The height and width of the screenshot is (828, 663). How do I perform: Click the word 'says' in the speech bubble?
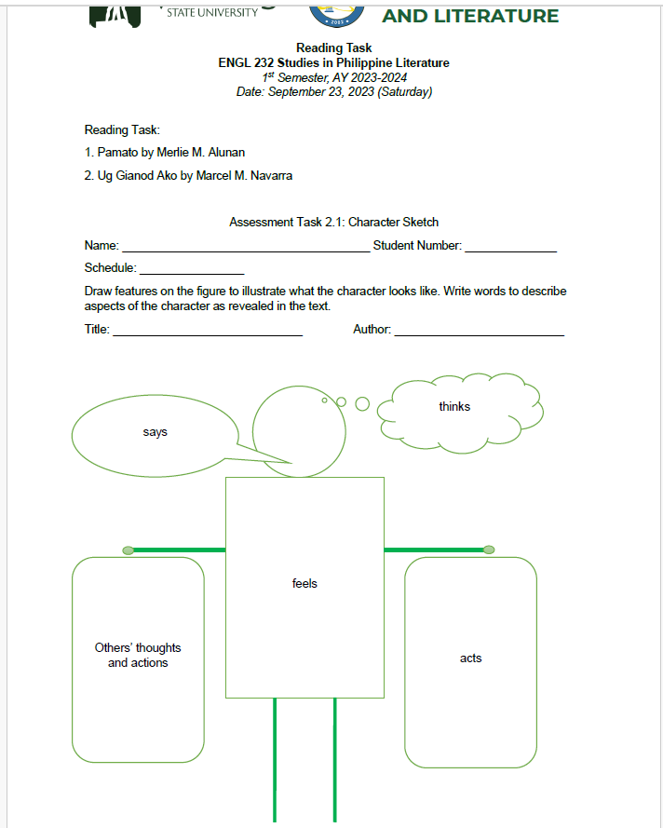point(156,432)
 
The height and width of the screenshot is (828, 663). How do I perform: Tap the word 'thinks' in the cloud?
point(454,407)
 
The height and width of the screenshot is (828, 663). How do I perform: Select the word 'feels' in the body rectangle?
point(304,584)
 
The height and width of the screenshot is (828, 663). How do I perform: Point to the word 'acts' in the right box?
point(471,658)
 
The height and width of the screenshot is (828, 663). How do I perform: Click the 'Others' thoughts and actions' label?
point(138,656)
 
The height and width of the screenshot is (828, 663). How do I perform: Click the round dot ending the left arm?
point(129,550)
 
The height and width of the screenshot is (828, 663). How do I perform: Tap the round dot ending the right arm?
point(489,550)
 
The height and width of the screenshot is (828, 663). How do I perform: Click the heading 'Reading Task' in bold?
point(333,48)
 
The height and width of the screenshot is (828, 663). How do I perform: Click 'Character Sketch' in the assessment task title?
point(393,223)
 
